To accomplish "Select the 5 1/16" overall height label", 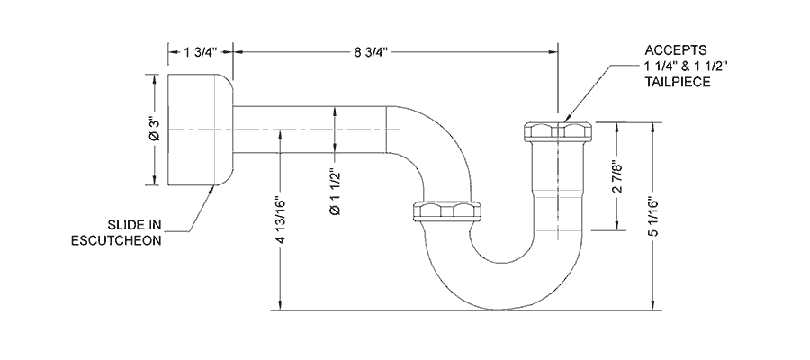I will click(653, 216).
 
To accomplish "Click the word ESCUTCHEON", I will click(115, 241).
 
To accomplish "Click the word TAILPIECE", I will click(677, 82).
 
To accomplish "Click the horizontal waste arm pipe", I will click(306, 130).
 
